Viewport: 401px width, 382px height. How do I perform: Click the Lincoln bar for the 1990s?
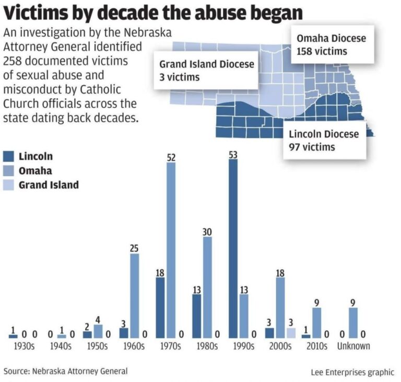pyautogui.click(x=233, y=248)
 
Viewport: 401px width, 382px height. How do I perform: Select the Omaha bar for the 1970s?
pyautogui.click(x=171, y=250)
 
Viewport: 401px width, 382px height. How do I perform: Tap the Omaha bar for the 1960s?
pyautogui.click(x=135, y=296)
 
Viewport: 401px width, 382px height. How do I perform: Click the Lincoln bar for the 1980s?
pyautogui.click(x=196, y=316)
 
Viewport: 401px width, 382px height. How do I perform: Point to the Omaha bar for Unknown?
pyautogui.click(x=353, y=322)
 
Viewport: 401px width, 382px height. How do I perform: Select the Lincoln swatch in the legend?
pyautogui.click(x=9, y=156)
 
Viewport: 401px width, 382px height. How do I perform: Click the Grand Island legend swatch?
pyautogui.click(x=9, y=184)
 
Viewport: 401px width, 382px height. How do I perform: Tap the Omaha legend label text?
pyautogui.click(x=35, y=170)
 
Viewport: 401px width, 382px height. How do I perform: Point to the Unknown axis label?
pyautogui.click(x=353, y=346)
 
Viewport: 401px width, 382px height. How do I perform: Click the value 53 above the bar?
pyautogui.click(x=233, y=154)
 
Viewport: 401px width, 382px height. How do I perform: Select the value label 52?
pyautogui.click(x=171, y=157)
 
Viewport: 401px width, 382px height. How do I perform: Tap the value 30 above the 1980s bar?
pyautogui.click(x=208, y=231)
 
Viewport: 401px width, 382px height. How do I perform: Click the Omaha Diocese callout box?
pyautogui.click(x=331, y=44)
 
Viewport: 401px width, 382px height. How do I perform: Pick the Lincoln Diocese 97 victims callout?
pyautogui.click(x=324, y=140)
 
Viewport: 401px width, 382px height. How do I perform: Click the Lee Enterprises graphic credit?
pyautogui.click(x=352, y=372)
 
